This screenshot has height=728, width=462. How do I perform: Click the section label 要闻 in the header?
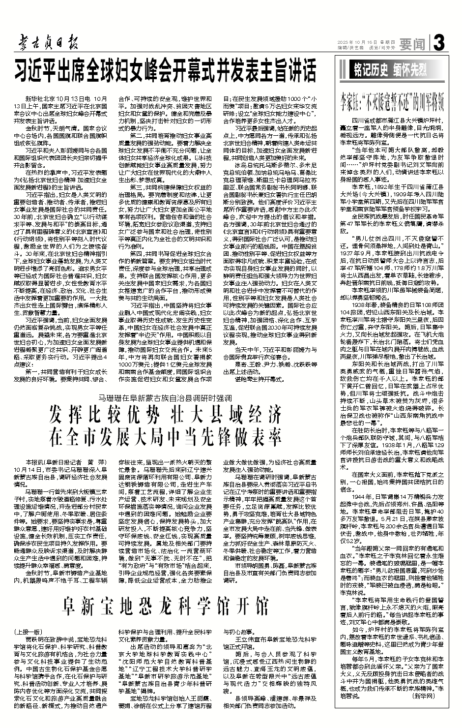[412, 45]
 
